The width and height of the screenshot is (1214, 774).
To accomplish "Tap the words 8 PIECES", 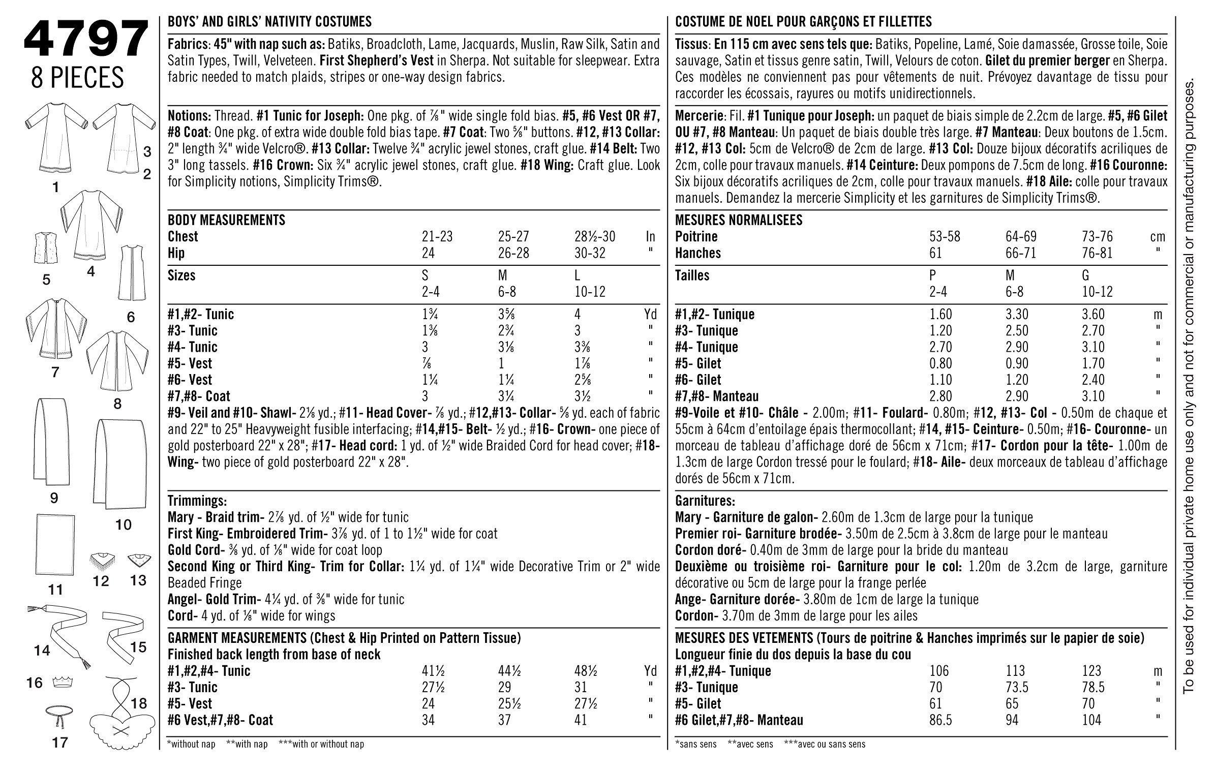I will tap(77, 78).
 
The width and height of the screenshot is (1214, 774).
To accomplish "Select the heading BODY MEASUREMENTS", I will tap(226, 220).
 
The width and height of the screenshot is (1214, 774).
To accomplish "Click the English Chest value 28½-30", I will tap(594, 237).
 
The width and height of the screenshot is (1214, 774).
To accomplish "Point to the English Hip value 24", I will tap(428, 253).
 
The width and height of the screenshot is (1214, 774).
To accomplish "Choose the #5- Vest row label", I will tap(190, 363).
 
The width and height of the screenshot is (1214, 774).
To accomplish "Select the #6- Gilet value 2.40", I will tap(1093, 380).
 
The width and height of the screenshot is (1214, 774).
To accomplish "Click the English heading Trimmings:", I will tap(197, 501).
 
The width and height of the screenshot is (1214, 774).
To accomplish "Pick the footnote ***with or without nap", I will tap(321, 745).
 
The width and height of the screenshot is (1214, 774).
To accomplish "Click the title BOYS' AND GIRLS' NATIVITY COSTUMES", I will tap(269, 22).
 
